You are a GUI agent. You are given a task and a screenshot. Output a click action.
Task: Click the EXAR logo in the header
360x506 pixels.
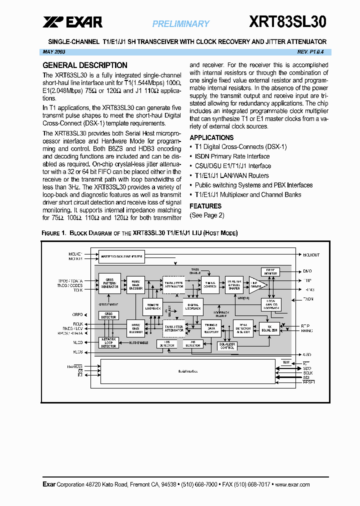[72, 22]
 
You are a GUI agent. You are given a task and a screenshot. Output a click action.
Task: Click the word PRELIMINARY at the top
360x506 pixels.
[180, 24]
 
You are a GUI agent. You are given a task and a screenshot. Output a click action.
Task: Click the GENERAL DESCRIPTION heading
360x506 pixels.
[84, 65]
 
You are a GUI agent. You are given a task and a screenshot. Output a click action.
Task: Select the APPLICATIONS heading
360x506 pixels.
[211, 137]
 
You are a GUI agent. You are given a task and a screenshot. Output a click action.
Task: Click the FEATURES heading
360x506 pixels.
[205, 206]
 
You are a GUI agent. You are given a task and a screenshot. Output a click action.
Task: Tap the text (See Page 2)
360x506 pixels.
[206, 215]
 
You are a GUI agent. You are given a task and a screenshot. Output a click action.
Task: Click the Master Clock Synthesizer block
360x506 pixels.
[121, 256]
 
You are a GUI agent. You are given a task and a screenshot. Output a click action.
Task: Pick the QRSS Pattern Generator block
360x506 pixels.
[109, 283]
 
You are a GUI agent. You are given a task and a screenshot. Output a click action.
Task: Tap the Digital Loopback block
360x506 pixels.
[193, 306]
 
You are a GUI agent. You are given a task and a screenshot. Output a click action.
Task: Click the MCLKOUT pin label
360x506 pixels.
[310, 255]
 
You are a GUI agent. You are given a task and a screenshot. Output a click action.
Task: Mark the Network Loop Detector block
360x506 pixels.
[109, 342]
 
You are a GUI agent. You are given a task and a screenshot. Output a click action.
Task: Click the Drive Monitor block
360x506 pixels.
[270, 271]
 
